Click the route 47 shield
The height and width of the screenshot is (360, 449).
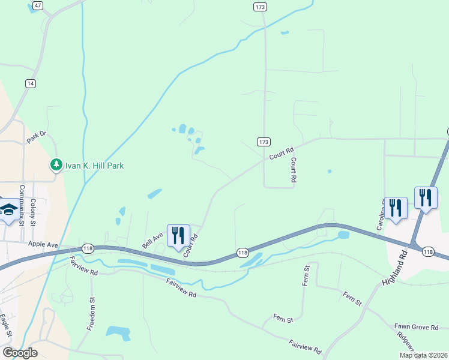click(x=38, y=5)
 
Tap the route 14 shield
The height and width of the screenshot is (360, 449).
click(x=30, y=83)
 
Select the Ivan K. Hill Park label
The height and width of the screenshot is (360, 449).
click(x=95, y=166)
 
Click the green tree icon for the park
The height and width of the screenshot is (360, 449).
click(x=56, y=164)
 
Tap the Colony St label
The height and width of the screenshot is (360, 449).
click(x=34, y=212)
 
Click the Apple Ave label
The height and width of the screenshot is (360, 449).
click(x=43, y=244)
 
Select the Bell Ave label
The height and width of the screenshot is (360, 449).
click(x=152, y=241)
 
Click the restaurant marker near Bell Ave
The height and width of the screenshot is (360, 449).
click(x=178, y=235)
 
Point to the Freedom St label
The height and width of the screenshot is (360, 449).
click(x=92, y=314)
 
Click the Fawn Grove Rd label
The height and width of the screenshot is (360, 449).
click(x=417, y=327)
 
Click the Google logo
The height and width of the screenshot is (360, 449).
click(x=19, y=353)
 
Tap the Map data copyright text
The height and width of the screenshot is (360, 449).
click(x=423, y=355)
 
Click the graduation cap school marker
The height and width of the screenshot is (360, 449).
click(x=8, y=209)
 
